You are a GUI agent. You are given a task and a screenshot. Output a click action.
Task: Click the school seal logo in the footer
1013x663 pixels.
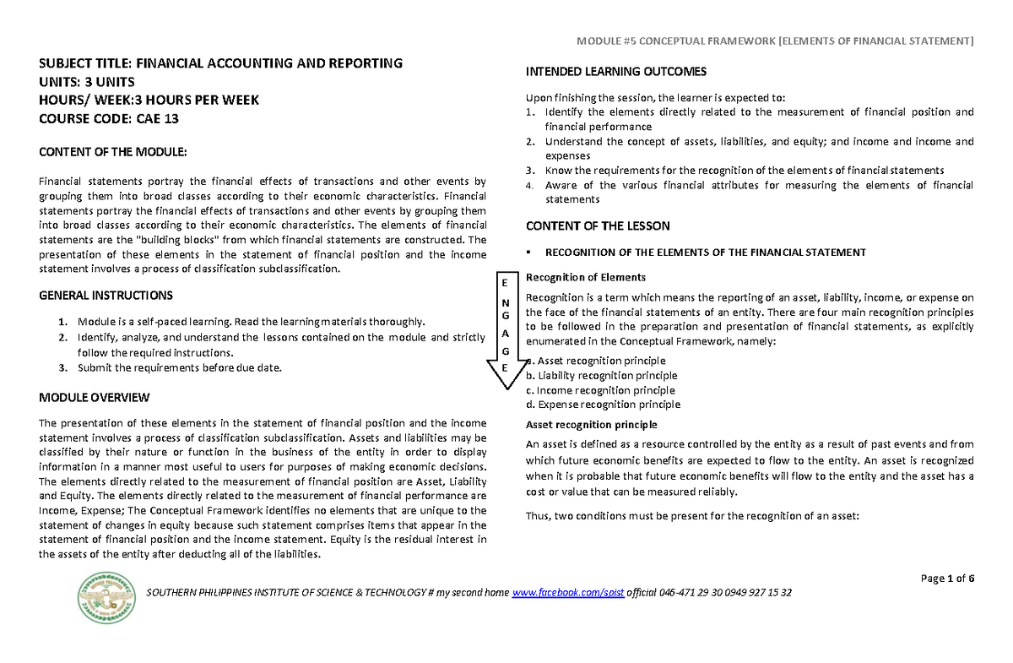pyautogui.click(x=106, y=597)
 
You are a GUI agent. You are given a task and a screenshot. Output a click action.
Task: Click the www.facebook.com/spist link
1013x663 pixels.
pyautogui.click(x=567, y=593)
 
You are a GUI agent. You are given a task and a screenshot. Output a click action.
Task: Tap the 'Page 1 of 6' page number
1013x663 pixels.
pyautogui.click(x=948, y=579)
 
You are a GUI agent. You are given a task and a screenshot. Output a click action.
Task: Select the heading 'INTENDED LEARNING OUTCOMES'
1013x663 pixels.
pyautogui.click(x=616, y=71)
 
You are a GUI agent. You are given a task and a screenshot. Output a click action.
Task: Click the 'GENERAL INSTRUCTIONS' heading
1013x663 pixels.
pyautogui.click(x=106, y=296)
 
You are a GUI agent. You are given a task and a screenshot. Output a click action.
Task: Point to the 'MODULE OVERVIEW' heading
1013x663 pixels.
pyautogui.click(x=95, y=397)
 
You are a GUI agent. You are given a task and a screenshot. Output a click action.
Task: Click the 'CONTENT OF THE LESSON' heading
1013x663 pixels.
pyautogui.click(x=598, y=226)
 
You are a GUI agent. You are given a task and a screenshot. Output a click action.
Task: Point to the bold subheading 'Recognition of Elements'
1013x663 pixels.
pyautogui.click(x=586, y=277)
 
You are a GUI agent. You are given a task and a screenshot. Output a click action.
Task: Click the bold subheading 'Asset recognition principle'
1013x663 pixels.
pyautogui.click(x=591, y=425)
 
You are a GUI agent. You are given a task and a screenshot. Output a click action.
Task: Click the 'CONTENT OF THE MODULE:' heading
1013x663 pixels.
pyautogui.click(x=111, y=152)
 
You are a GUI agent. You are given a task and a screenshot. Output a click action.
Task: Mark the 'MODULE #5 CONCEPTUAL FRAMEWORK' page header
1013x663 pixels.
pyautogui.click(x=774, y=41)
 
